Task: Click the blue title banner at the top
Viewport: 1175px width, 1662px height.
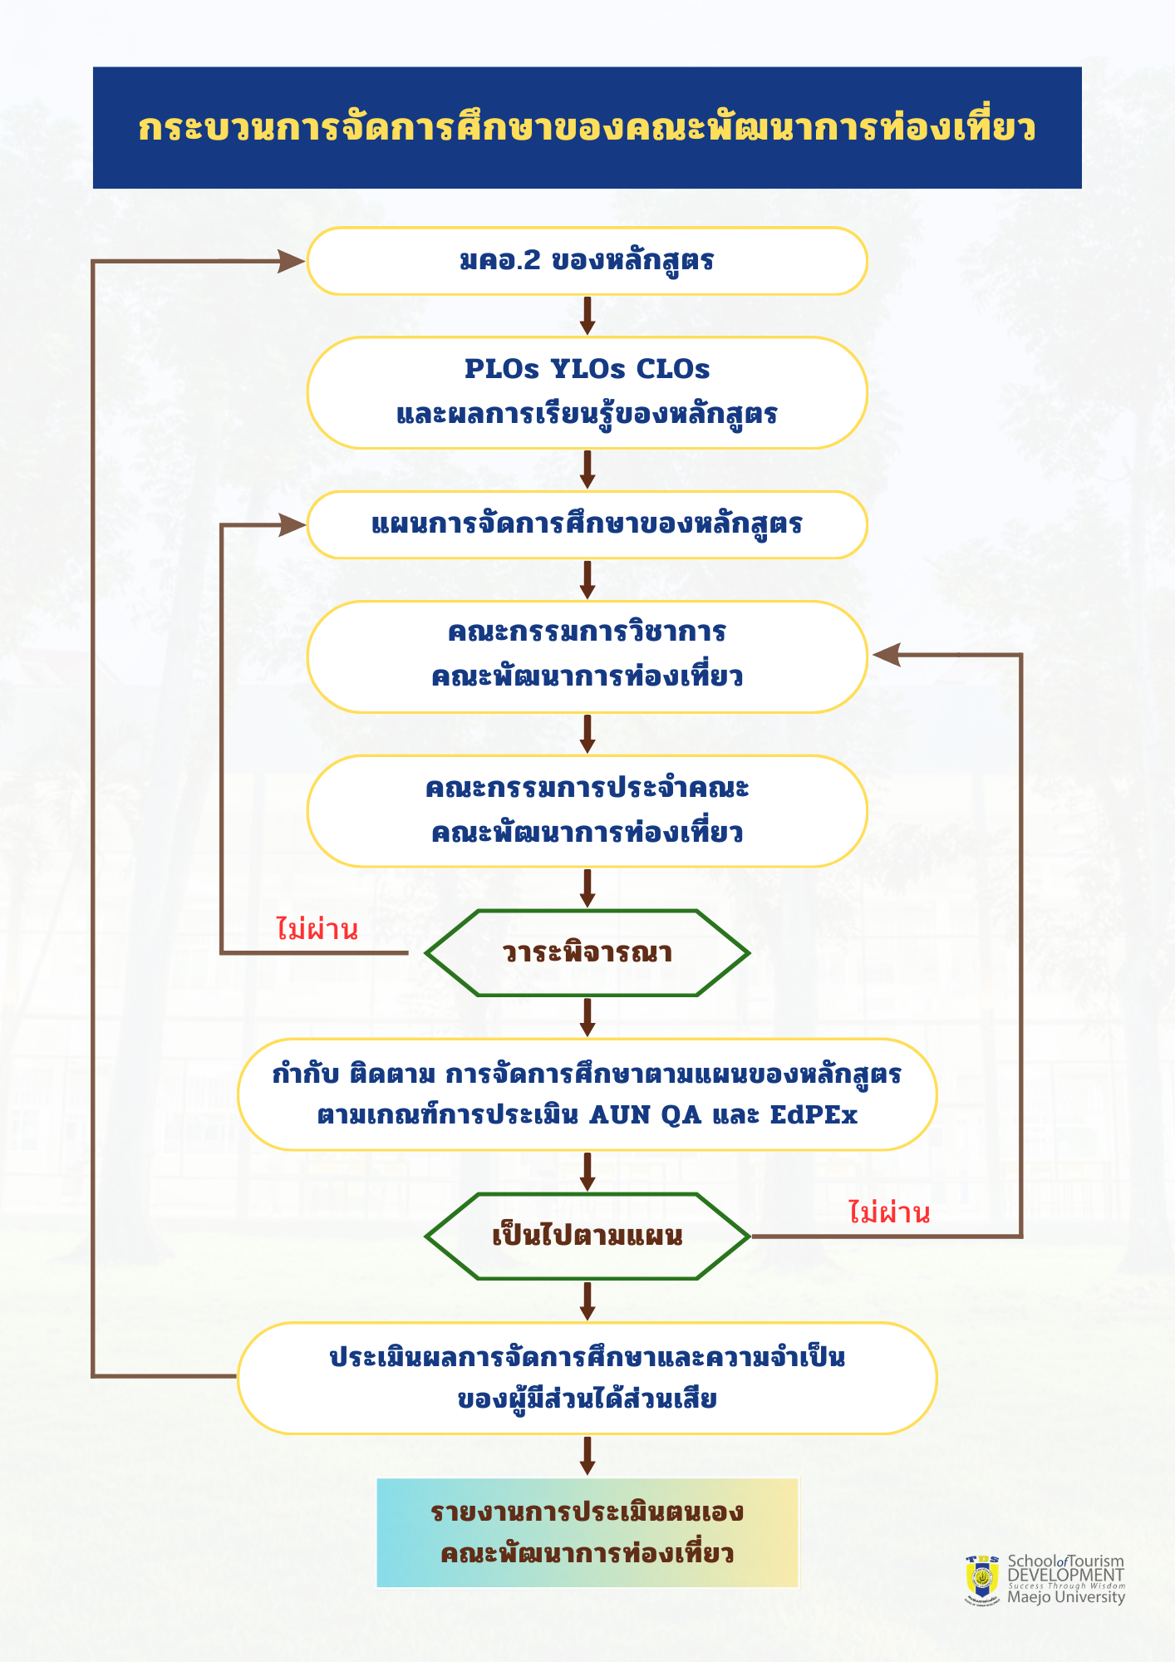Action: [x=587, y=128]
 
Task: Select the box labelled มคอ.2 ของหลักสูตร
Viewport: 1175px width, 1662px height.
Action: [x=587, y=261]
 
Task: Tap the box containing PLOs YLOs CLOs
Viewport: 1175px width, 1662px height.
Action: [x=587, y=392]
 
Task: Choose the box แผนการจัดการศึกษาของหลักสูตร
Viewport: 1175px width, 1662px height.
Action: [x=587, y=524]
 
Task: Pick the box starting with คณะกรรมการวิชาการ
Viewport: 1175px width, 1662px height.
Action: [x=587, y=656]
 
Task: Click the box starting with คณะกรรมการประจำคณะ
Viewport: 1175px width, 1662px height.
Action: [x=587, y=811]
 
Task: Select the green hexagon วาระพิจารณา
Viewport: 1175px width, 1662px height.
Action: [x=587, y=953]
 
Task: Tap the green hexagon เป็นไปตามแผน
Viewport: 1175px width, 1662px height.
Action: [x=587, y=1237]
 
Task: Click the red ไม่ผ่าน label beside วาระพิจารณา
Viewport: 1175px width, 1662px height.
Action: [x=317, y=929]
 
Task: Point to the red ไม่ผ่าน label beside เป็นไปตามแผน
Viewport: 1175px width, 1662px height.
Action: [x=888, y=1213]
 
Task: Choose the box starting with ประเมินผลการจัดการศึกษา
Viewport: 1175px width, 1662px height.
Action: [x=587, y=1378]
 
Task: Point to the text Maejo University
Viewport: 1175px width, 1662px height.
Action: [x=1065, y=1597]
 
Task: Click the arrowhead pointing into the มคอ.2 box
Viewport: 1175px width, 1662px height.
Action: [x=292, y=261]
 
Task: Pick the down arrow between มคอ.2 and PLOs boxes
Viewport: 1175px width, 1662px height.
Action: [x=587, y=316]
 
